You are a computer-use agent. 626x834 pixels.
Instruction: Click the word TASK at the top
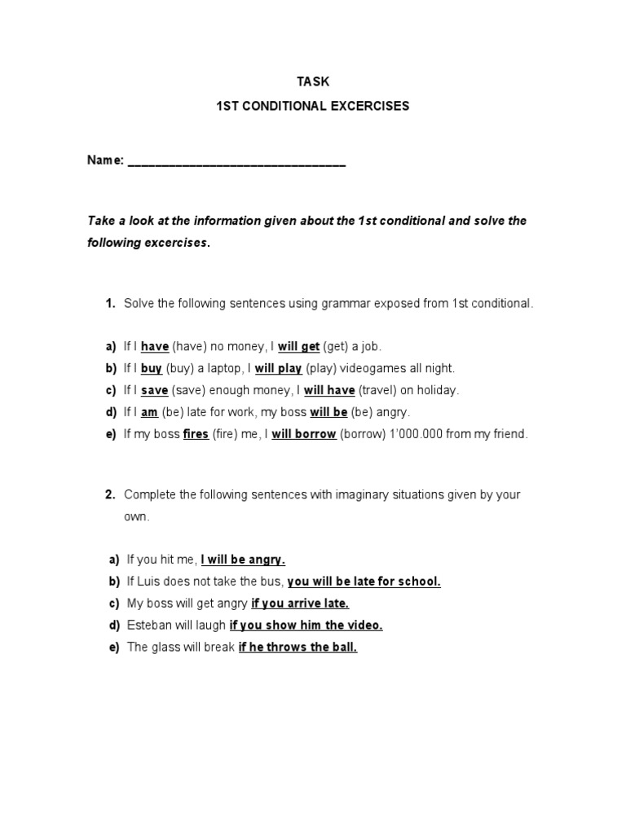pos(312,81)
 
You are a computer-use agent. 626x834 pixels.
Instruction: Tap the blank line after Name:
pos(236,161)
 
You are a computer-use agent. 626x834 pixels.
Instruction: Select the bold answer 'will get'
pos(298,346)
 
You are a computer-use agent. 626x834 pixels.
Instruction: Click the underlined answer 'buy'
pos(152,368)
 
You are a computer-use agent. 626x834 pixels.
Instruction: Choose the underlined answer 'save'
pos(154,390)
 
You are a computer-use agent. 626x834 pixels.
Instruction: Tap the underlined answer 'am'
pos(149,412)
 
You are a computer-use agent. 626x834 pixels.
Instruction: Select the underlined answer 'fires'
pos(196,434)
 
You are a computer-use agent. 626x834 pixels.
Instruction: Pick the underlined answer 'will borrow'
pos(304,434)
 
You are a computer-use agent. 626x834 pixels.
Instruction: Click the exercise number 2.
pos(109,494)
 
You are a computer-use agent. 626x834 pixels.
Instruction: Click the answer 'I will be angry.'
pos(243,560)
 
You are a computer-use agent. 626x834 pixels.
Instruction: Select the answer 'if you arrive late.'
pos(300,604)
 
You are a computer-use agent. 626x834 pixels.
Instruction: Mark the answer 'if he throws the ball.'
pos(298,647)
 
